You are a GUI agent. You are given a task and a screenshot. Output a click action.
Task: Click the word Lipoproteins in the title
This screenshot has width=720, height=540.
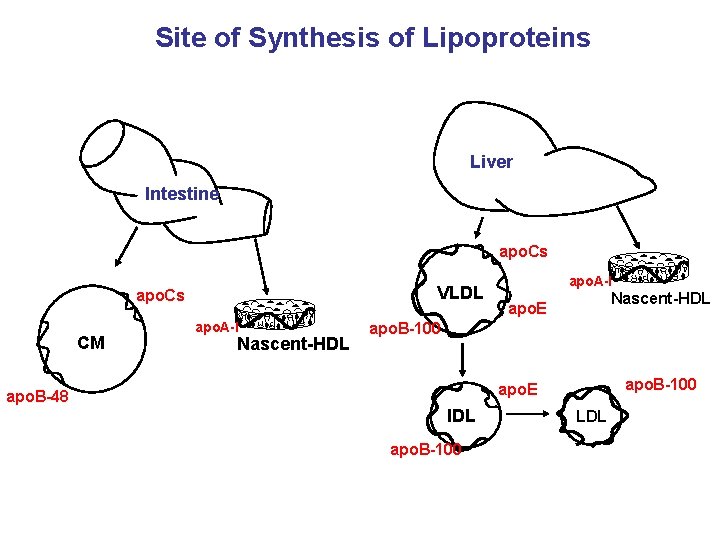[x=509, y=38]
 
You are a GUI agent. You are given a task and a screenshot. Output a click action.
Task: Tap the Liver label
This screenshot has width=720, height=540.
[x=491, y=161]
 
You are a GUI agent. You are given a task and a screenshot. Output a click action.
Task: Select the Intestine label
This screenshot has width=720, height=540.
[x=181, y=193]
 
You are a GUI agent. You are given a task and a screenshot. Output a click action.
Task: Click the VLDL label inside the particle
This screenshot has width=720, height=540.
[x=461, y=293]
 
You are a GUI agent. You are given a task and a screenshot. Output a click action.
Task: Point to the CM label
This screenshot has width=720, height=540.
[x=91, y=343]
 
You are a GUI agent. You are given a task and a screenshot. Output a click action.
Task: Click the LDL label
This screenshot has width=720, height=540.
[x=591, y=416]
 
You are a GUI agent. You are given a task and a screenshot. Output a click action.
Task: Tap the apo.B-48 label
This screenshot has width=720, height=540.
[x=37, y=397]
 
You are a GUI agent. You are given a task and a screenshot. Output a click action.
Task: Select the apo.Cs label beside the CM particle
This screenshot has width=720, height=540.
[x=160, y=297]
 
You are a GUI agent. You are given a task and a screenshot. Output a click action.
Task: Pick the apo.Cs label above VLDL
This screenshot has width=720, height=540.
[x=523, y=250]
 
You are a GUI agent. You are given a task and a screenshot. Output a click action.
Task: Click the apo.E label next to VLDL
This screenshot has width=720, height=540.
[x=527, y=310]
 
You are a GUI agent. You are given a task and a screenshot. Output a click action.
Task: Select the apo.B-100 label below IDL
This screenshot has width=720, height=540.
[x=426, y=449]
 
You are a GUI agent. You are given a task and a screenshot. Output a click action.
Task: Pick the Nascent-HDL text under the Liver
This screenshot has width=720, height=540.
[x=660, y=298]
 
